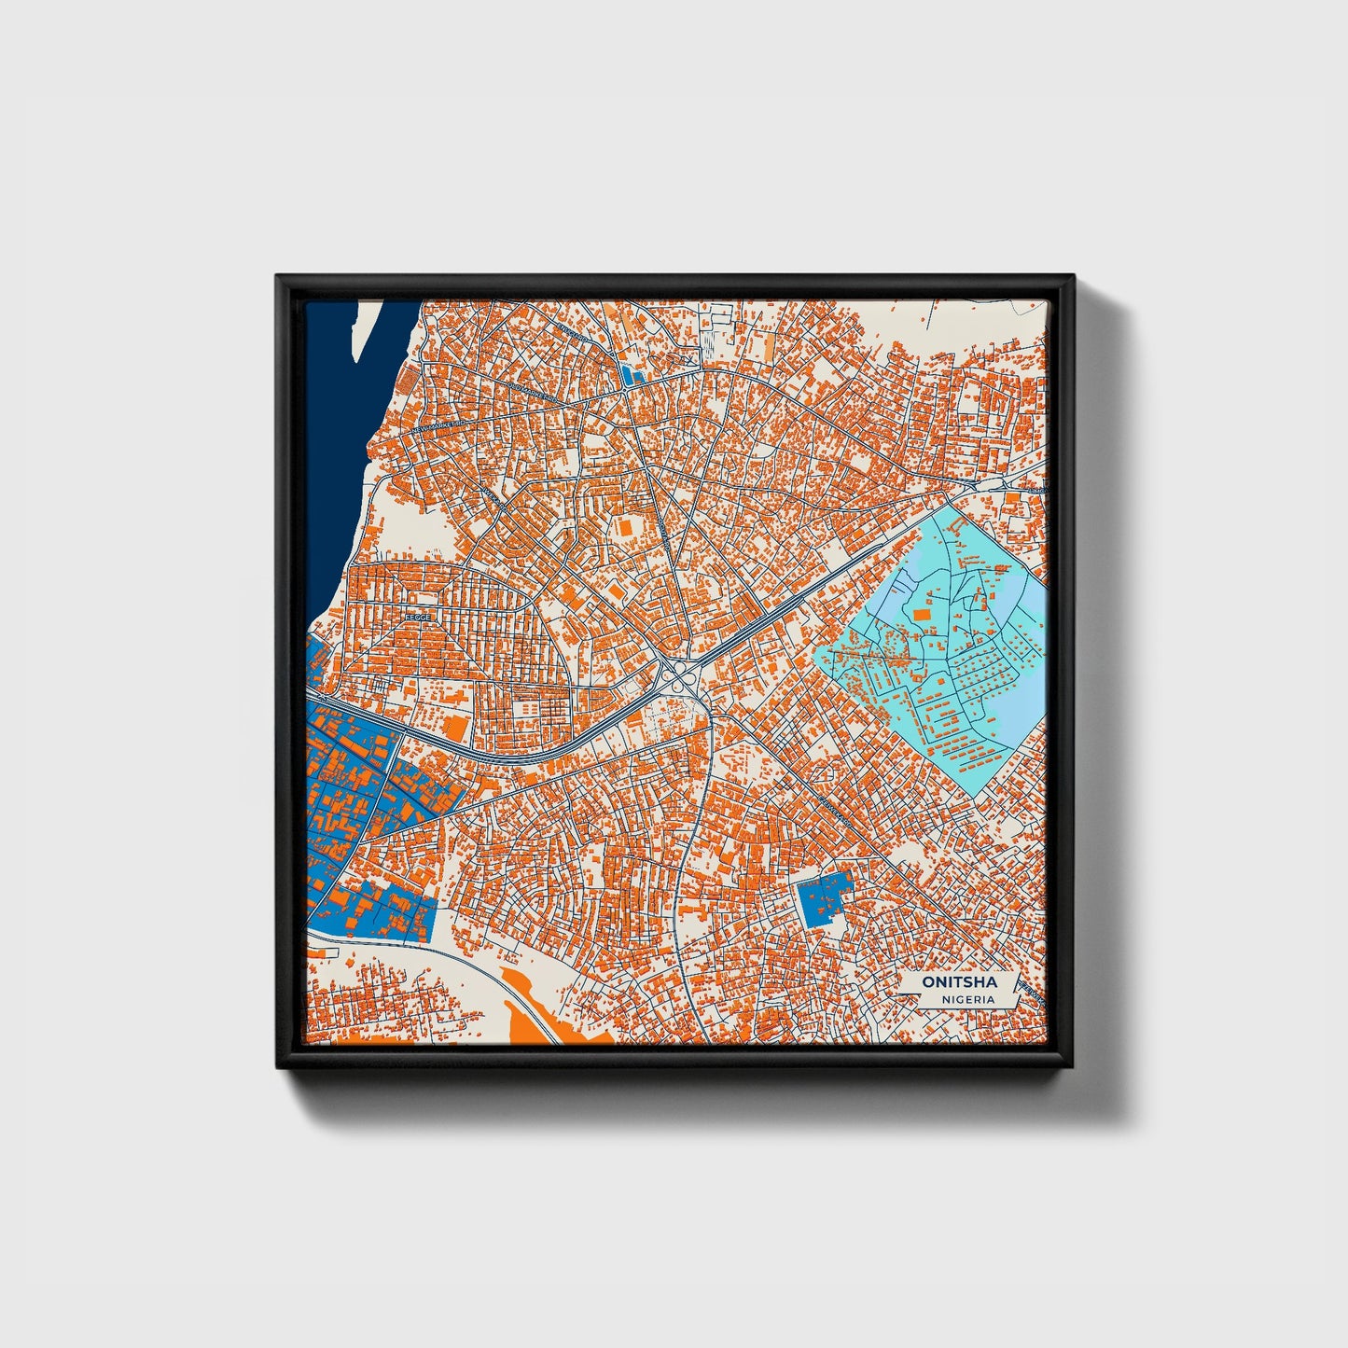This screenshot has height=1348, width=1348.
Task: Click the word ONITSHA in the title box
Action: click(958, 982)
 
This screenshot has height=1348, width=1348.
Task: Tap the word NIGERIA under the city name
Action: click(968, 999)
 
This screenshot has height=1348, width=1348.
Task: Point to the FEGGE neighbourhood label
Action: click(417, 618)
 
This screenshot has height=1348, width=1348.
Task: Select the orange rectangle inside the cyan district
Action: click(922, 614)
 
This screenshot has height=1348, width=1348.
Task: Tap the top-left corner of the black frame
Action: click(278, 277)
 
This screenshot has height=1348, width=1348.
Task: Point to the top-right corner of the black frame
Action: click(1073, 277)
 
